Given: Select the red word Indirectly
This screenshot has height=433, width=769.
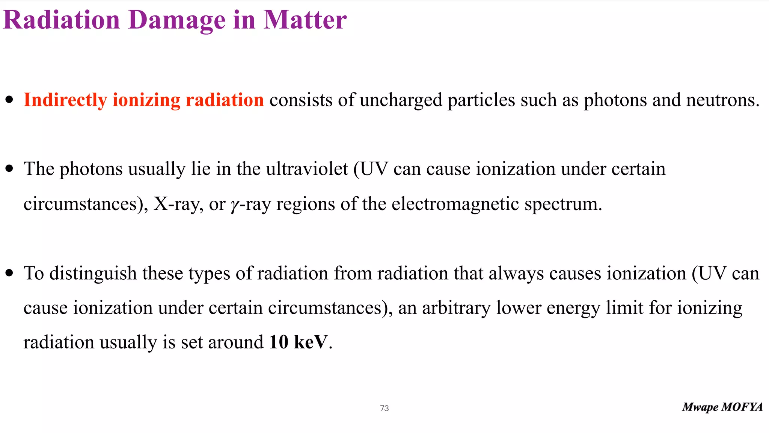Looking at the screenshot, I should point(65,100).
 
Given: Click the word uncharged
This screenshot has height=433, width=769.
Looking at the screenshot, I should point(401,100).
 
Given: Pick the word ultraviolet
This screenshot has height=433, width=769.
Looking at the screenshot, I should point(307,169).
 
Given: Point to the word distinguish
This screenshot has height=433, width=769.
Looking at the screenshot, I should point(93,274).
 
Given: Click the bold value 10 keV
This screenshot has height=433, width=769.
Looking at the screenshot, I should point(298,342).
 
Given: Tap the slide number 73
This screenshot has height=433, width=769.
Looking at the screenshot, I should point(384,408).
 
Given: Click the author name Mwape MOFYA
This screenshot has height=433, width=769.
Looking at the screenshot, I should point(722,407).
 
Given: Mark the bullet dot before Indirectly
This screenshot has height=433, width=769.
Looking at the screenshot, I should point(10,100).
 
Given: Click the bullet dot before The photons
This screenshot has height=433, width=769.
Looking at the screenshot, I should point(10,169).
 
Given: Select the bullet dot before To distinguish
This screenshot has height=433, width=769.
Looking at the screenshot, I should point(10,273).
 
